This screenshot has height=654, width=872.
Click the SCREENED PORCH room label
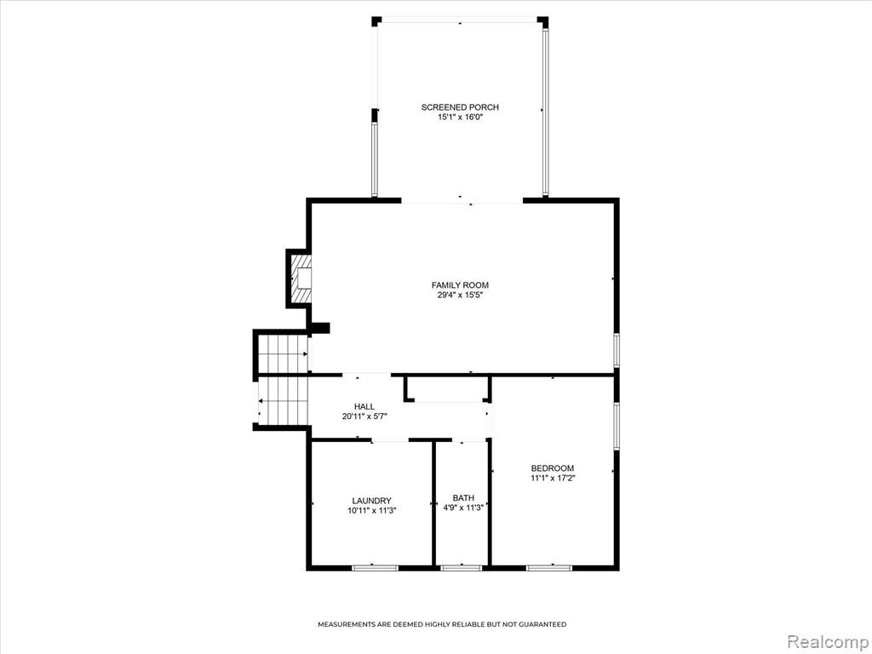pos(460,107)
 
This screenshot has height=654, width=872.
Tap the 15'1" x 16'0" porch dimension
pos(460,118)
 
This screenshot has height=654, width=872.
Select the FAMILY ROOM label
pos(460,285)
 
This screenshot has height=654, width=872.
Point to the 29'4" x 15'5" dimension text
pos(460,295)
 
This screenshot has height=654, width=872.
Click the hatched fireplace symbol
pos(301,278)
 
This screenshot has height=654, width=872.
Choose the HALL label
pos(364,406)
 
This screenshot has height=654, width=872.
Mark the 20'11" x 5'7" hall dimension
pos(364,416)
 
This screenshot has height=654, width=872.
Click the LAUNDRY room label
pos(371,501)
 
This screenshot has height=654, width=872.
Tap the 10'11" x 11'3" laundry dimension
pos(371,511)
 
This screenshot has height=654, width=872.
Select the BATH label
pos(463,497)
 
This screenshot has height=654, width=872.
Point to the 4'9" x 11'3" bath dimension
pos(463,508)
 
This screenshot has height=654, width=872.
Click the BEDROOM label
pos(552,468)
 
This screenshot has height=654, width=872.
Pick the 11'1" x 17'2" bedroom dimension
pos(552,479)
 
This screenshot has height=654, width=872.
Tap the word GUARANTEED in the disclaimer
pos(542,624)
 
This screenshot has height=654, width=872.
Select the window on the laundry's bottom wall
pos(376,568)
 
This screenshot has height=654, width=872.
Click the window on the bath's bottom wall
pos(461,568)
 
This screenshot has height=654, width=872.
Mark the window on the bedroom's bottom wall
pos(549,568)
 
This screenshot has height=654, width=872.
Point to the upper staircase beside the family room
pos(284,353)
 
